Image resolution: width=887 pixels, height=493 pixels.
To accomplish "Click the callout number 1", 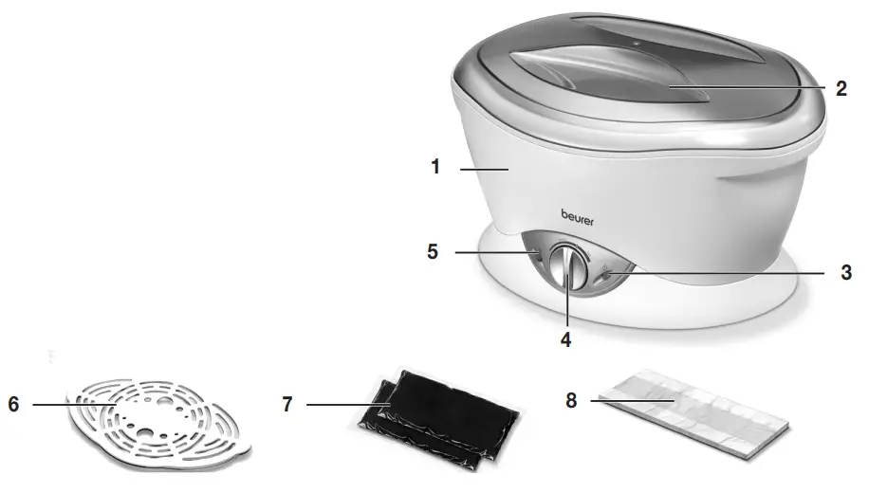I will coord(435,168).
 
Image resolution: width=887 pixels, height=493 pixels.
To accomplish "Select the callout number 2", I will coord(841,89).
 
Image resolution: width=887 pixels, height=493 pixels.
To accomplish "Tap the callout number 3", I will coord(846,272).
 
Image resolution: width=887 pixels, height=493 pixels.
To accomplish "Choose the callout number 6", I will coord(13,404).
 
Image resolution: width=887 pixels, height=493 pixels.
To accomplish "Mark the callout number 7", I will coord(287,405).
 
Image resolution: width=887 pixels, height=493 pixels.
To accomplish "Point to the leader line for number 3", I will coord(721,272).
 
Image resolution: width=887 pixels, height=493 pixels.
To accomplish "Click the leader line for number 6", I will coord(71,405).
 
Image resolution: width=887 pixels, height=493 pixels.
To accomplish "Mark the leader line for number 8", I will coord(631,401).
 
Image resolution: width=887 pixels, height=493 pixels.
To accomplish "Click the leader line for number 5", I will coord(493,252).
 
